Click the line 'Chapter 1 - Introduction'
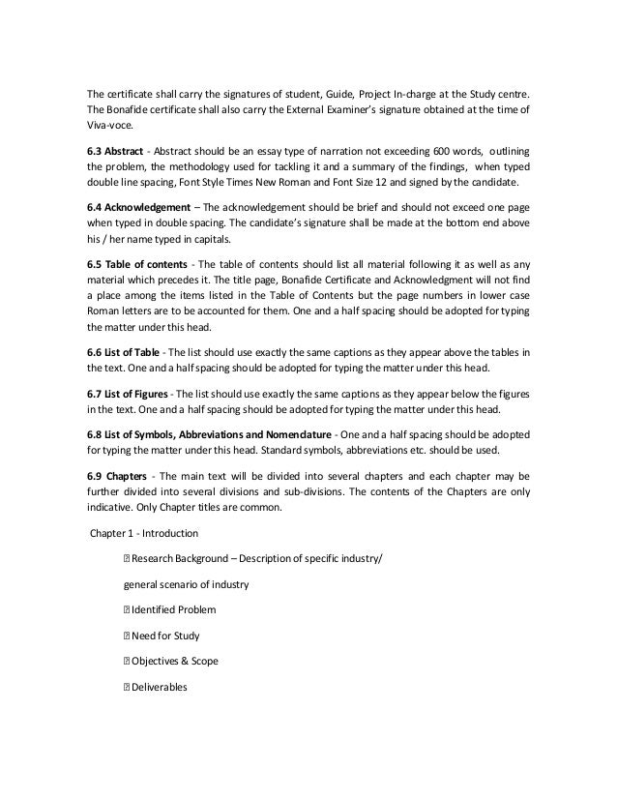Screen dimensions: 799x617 pyautogui.click(x=144, y=532)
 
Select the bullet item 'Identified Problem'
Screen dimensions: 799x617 pyautogui.click(x=174, y=610)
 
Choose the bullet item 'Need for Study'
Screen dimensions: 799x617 pyautogui.click(x=166, y=636)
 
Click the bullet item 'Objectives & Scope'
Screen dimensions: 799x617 pyautogui.click(x=175, y=661)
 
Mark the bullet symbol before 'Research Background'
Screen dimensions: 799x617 pyautogui.click(x=126, y=560)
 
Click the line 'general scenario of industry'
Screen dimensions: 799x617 pyautogui.click(x=187, y=585)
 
